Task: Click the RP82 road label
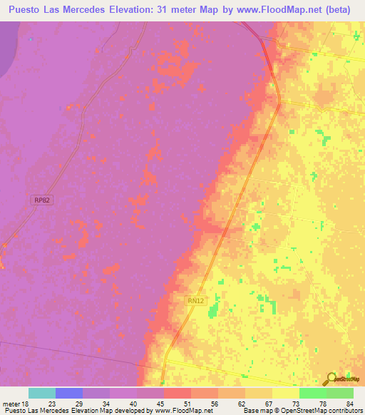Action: click(42, 202)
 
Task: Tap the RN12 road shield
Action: click(197, 301)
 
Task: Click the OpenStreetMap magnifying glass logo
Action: click(330, 378)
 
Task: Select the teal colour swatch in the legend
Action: click(42, 393)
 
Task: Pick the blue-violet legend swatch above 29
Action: click(69, 393)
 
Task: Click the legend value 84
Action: click(351, 403)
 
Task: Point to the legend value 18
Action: click(28, 403)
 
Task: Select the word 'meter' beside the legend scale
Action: click(12, 403)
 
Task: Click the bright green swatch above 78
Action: click(312, 393)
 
